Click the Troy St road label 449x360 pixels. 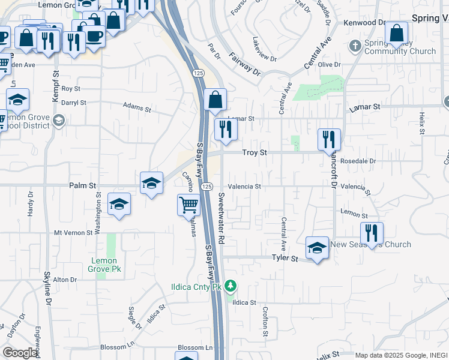tap(254, 153)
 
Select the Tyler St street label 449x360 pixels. tap(285, 258)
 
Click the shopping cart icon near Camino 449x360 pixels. tap(188, 205)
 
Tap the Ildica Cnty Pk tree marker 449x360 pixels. tap(229, 287)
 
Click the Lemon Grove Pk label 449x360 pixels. tap(106, 265)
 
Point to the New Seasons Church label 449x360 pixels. tap(370, 244)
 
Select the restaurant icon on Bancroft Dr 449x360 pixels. tap(329, 139)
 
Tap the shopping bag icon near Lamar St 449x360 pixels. tap(215, 100)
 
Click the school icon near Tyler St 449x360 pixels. tap(317, 247)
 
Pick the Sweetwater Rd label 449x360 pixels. tap(221, 218)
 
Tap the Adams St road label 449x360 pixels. tap(137, 107)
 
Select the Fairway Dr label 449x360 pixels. tap(245, 64)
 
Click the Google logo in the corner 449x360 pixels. tap(19, 353)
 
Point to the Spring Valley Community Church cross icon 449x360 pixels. tap(355, 45)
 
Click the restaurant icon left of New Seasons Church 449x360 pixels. tap(372, 233)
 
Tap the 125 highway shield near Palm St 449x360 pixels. tap(206, 187)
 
